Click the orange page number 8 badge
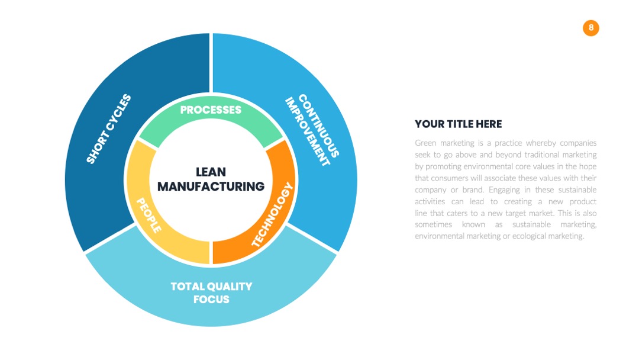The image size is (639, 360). [x=590, y=28]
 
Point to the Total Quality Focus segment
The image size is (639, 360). [x=211, y=294]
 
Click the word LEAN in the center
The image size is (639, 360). [x=211, y=172]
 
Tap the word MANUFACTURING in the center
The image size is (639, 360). [x=211, y=187]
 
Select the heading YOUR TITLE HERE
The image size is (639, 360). [x=458, y=124]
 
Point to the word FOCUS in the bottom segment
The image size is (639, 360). [x=211, y=299]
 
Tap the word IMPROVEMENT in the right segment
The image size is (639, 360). [x=307, y=131]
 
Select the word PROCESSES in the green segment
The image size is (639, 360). [x=211, y=110]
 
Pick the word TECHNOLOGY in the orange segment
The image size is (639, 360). [x=272, y=214]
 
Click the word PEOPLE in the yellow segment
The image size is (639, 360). [x=149, y=216]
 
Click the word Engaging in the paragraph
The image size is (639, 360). [x=504, y=190]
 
